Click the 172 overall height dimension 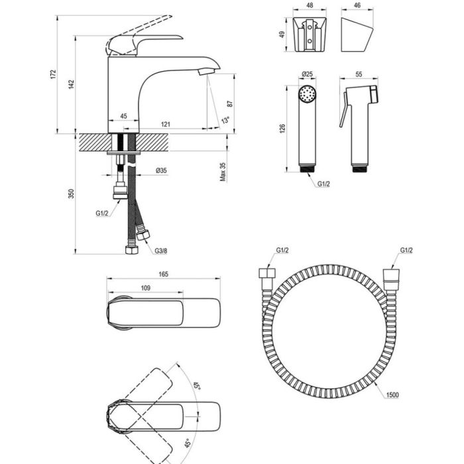[52, 74]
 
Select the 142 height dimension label [72, 84]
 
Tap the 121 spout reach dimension [166, 125]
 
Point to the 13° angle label [225, 120]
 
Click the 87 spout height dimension [230, 104]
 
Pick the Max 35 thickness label [223, 172]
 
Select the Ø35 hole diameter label [161, 170]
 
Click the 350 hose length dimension [72, 194]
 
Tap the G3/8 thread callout [161, 251]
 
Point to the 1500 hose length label [392, 395]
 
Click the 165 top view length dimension [163, 274]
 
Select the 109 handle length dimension [146, 288]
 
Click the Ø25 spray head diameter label [307, 74]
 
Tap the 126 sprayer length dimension [282, 129]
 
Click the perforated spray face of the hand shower [308, 94]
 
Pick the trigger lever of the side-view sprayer [343, 109]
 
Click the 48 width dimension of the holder [310, 5]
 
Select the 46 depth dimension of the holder [357, 5]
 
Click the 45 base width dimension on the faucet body [124, 116]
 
